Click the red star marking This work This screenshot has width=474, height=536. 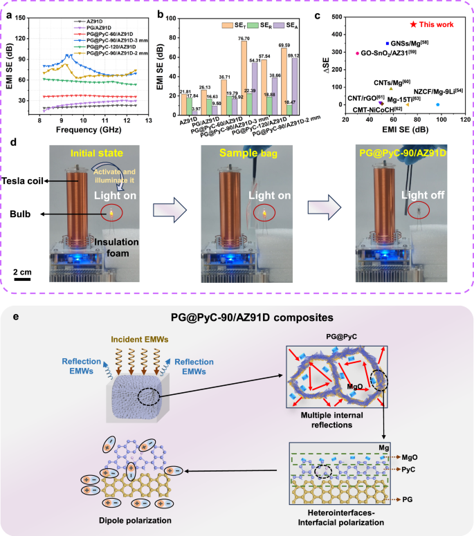click(413, 24)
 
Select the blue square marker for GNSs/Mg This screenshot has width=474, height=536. click(388, 43)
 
